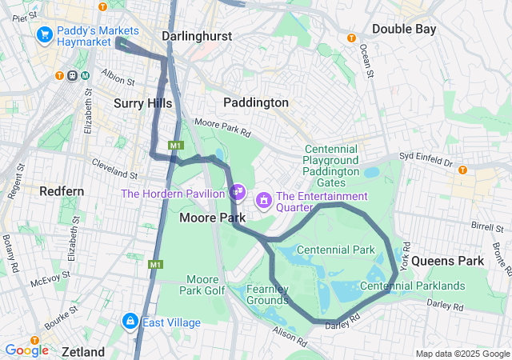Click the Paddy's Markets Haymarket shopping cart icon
click(x=44, y=35)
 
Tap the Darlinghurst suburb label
click(x=197, y=36)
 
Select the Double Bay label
click(x=404, y=29)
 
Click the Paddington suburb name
click(x=256, y=102)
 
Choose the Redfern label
click(x=62, y=191)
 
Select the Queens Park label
click(x=448, y=261)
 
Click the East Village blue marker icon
click(x=130, y=321)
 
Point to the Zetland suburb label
click(x=83, y=351)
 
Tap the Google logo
click(x=26, y=350)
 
